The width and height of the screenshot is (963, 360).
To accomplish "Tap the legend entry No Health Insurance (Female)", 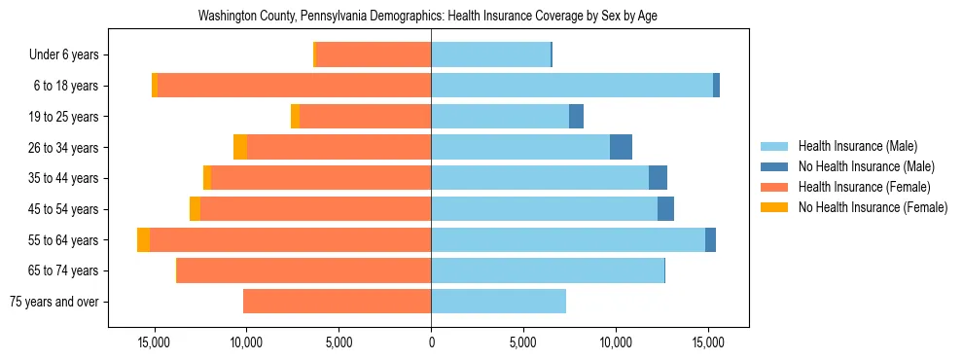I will click(x=872, y=207).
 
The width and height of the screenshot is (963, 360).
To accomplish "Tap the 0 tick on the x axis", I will click(x=431, y=342).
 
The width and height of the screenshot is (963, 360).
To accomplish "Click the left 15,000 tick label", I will click(x=155, y=342).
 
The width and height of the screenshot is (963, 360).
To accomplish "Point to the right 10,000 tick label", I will click(x=616, y=342).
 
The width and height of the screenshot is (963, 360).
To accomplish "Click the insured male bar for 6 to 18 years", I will click(x=572, y=86).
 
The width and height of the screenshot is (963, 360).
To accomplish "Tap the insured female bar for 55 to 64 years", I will click(x=290, y=239).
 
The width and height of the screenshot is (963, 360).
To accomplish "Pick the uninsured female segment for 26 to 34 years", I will click(x=240, y=147).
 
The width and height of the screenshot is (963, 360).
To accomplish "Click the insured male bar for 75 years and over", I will click(x=498, y=302).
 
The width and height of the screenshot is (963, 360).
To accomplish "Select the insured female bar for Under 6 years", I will click(x=374, y=54).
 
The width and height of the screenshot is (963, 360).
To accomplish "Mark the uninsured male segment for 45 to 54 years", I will click(x=665, y=209).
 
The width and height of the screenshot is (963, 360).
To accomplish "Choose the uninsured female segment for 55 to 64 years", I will click(x=144, y=239).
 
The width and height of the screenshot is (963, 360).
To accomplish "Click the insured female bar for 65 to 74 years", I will click(x=303, y=270).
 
